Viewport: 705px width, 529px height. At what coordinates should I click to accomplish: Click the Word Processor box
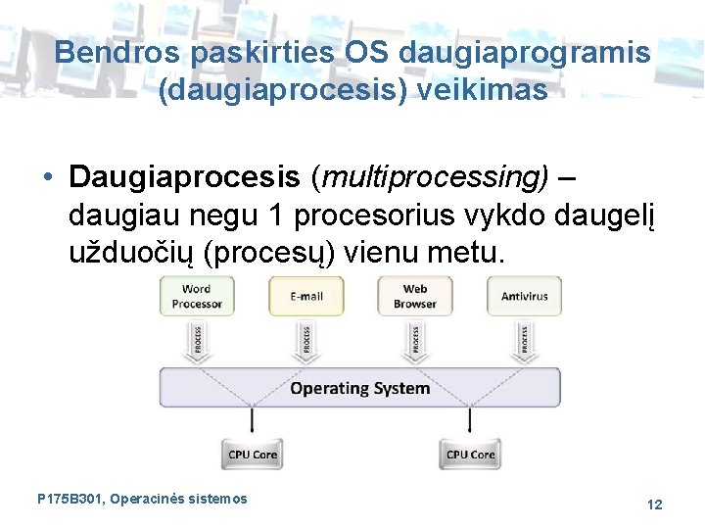click(x=197, y=297)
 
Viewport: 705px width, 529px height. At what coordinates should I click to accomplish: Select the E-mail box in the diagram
click(x=306, y=297)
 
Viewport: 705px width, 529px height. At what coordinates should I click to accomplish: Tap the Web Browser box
click(x=415, y=297)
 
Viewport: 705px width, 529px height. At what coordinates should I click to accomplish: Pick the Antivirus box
click(x=525, y=297)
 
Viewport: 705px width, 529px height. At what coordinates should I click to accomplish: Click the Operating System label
click(x=359, y=388)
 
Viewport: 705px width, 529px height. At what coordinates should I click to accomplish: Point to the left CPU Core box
click(x=253, y=455)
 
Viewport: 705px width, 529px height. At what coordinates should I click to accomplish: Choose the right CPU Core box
click(x=470, y=455)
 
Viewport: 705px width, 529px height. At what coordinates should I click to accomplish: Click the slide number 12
click(x=654, y=505)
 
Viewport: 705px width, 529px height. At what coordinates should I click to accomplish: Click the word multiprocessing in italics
click(x=434, y=177)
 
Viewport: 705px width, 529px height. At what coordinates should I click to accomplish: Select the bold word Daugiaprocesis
click(x=184, y=177)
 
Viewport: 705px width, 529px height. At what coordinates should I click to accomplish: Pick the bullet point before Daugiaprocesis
click(x=47, y=177)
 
